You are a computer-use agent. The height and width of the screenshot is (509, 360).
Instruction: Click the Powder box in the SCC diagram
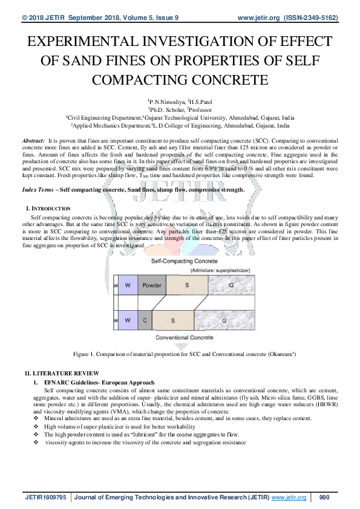pyautogui.click(x=151, y=284)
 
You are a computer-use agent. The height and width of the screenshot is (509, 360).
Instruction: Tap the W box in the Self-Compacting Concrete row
pyautogui.click(x=128, y=284)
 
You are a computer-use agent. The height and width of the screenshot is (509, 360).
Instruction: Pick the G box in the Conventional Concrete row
pyautogui.click(x=223, y=319)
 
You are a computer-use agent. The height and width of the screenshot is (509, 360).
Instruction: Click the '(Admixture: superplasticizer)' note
pyautogui.click(x=216, y=270)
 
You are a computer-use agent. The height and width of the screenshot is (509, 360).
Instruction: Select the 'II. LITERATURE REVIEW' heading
pyautogui.click(x=61, y=374)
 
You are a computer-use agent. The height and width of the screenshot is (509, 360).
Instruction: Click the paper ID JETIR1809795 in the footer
pyautogui.click(x=46, y=498)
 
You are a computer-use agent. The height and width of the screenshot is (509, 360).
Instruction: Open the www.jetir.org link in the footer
pyautogui.click(x=289, y=498)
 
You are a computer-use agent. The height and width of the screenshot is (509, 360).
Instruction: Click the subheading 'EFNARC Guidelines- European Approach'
pyautogui.click(x=94, y=383)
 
